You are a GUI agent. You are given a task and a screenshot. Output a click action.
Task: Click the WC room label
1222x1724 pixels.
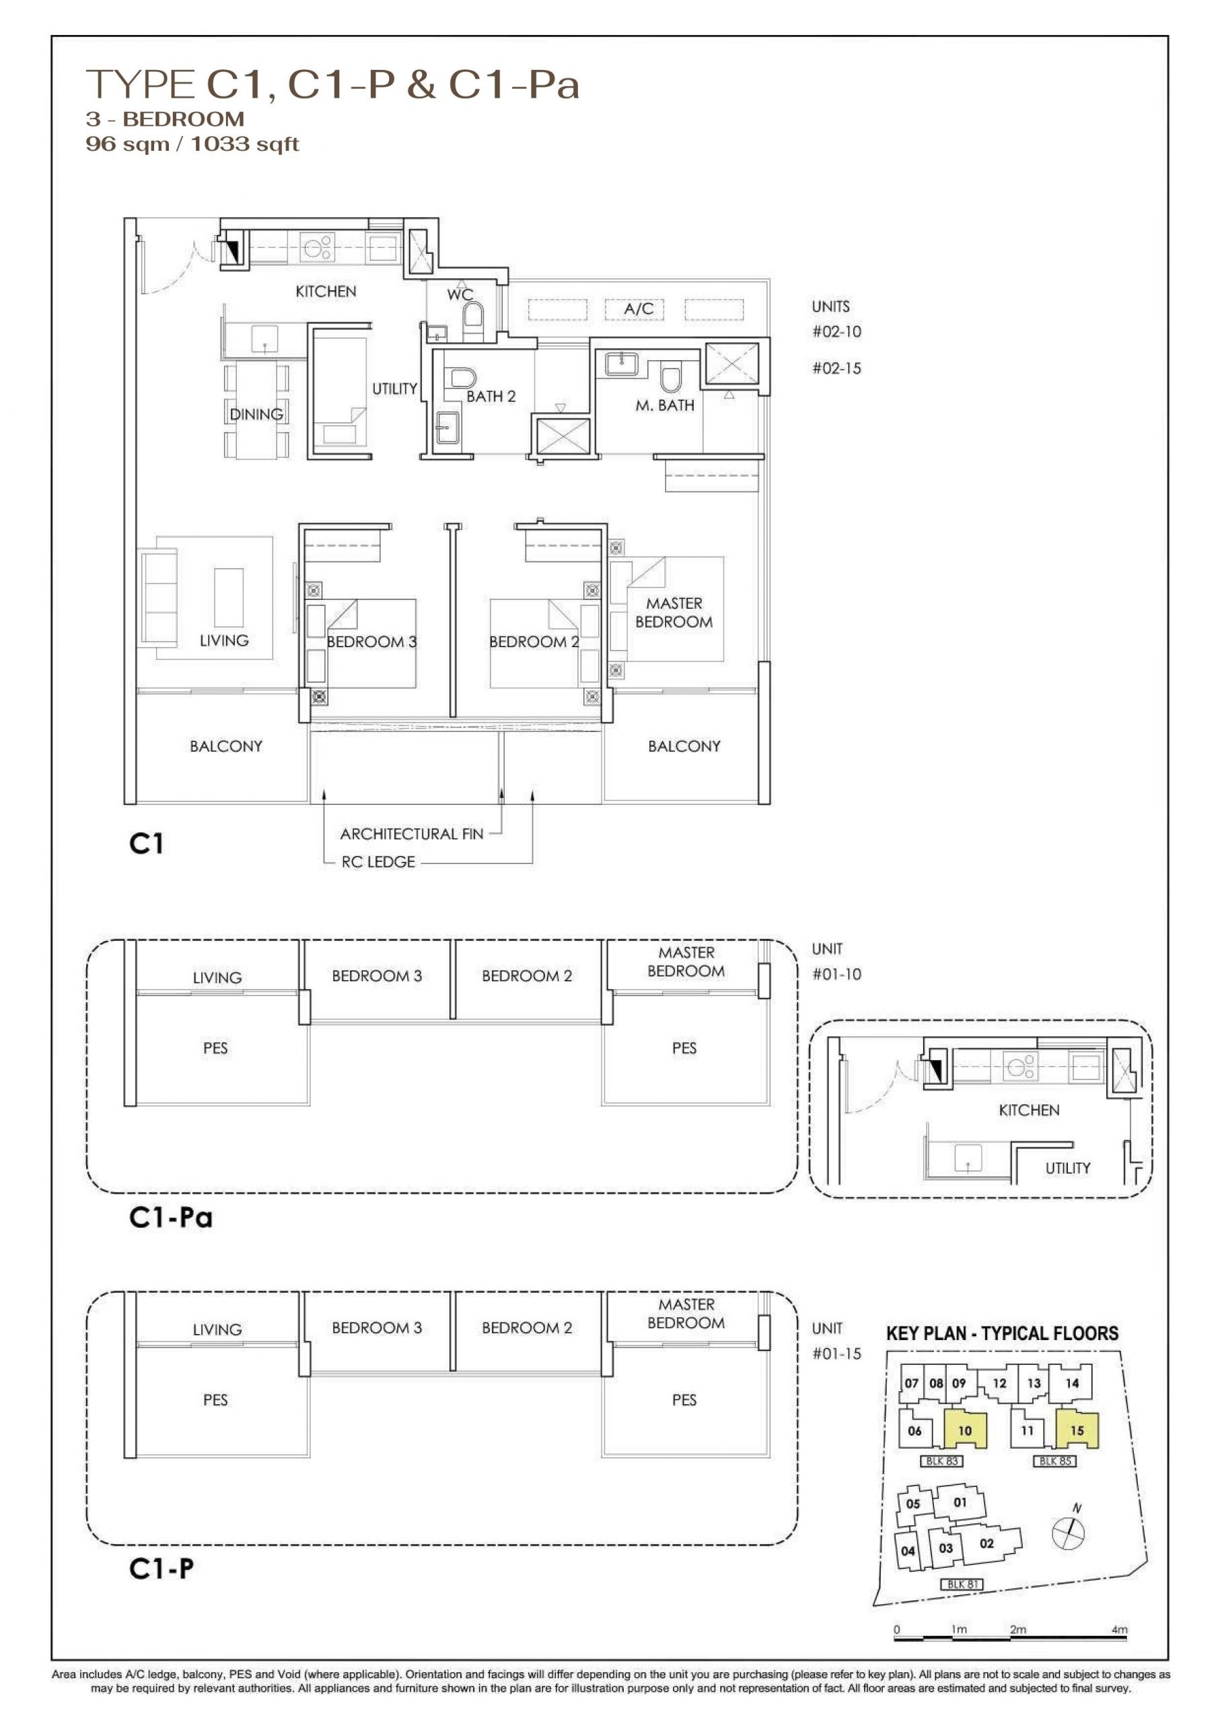click(460, 294)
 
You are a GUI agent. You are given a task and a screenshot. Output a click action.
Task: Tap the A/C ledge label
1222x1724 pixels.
click(638, 308)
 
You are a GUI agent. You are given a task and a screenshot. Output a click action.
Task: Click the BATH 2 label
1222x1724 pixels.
click(491, 397)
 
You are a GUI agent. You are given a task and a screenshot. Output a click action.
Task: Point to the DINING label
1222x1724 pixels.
click(256, 414)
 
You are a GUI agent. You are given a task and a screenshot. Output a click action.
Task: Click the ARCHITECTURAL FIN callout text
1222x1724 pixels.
click(412, 834)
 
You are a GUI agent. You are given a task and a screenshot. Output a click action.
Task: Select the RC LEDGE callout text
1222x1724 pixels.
click(378, 862)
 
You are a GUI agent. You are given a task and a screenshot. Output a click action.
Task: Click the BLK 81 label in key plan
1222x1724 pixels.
click(962, 1584)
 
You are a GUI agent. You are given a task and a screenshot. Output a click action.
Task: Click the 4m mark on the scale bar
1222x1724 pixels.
click(1120, 1630)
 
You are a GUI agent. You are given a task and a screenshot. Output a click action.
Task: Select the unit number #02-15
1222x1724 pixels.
click(836, 369)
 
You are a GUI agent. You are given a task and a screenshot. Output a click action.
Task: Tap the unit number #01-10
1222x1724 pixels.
click(836, 975)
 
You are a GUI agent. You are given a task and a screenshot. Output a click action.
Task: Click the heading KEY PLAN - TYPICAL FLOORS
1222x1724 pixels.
click(1001, 1333)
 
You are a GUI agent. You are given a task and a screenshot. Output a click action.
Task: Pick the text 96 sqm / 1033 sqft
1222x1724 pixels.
click(192, 144)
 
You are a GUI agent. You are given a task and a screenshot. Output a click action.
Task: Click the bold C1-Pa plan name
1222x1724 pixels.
click(171, 1218)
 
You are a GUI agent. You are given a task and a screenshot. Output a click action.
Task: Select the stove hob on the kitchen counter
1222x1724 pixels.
click(318, 247)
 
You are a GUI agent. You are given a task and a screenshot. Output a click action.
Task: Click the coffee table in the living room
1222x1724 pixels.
click(229, 598)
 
